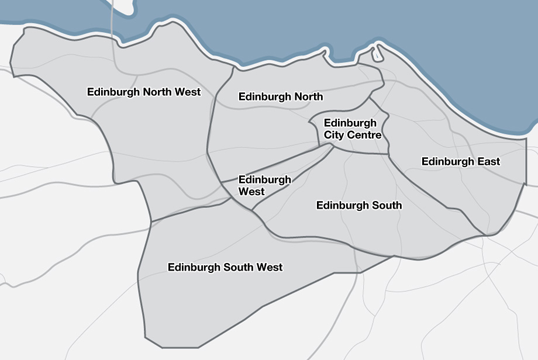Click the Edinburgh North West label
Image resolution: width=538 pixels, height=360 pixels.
point(144,92)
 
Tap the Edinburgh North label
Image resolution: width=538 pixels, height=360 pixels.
point(281,97)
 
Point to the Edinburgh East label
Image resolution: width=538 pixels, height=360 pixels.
point(461,161)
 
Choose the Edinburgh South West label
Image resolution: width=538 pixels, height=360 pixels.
point(225,268)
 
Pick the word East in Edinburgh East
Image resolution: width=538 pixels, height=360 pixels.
point(488,161)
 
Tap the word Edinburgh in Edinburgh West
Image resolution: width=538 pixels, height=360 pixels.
point(264,180)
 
